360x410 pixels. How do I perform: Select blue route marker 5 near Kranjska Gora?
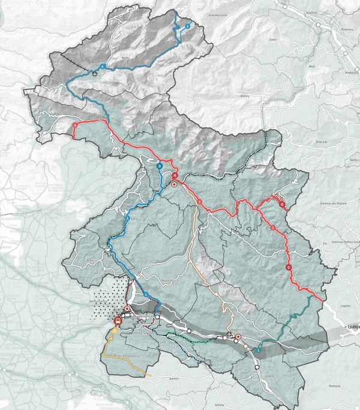(187, 26)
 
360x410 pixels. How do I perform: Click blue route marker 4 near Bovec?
(103, 66)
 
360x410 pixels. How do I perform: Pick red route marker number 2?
(273, 228)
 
